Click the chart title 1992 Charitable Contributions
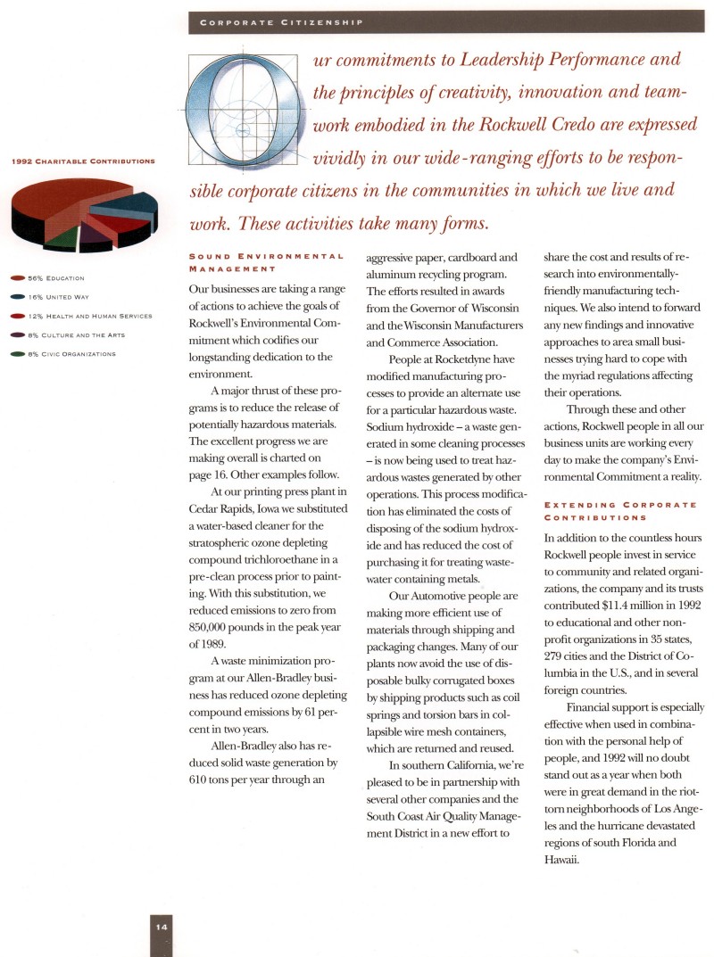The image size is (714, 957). (83, 161)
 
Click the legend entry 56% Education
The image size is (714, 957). (54, 278)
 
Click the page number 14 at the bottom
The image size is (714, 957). (162, 927)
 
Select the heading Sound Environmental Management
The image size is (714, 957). (266, 260)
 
